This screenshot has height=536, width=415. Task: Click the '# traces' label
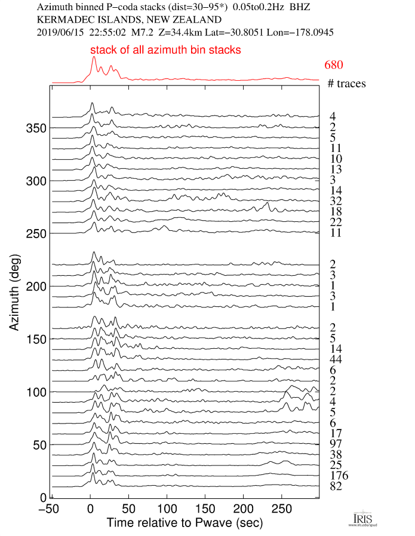(346, 84)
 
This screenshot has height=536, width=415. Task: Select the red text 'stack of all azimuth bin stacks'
(165, 50)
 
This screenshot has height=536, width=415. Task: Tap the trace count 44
(335, 360)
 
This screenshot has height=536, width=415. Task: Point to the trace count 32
(335, 201)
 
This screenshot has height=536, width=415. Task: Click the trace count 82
(335, 487)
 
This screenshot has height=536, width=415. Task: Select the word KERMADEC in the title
(57, 19)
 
